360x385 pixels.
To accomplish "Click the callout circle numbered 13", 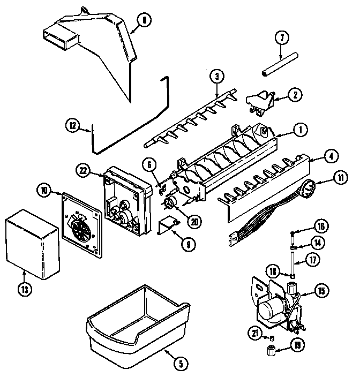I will pos(25,289).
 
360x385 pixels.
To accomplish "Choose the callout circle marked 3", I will pos(216,76).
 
